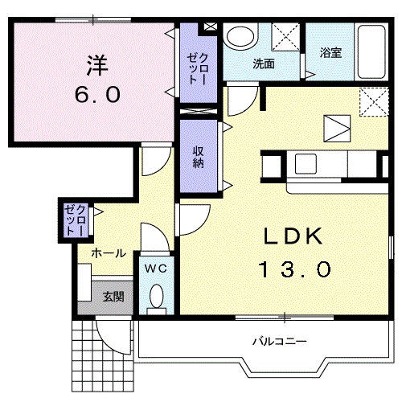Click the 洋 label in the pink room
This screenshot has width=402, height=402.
97,66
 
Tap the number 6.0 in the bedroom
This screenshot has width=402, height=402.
97,95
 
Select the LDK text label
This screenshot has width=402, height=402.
293,236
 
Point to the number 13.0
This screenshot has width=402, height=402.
294,269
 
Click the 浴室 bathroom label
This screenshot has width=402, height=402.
330,52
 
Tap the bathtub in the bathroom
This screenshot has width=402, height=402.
371,51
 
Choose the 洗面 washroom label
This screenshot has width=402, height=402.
264,64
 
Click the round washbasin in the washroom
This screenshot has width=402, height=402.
240,37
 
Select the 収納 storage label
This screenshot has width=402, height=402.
199,158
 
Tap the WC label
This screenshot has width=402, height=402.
156,269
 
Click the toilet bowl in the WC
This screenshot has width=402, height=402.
157,296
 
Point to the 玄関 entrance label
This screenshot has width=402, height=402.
113,297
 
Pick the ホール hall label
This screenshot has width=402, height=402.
109,253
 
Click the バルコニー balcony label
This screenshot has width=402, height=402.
279,342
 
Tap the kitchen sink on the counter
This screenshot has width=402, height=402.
306,163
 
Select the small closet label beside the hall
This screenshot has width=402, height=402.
76,220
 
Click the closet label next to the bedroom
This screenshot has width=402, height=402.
199,68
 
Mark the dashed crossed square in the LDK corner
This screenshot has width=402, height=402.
374,102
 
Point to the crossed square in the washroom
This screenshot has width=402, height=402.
285,37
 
